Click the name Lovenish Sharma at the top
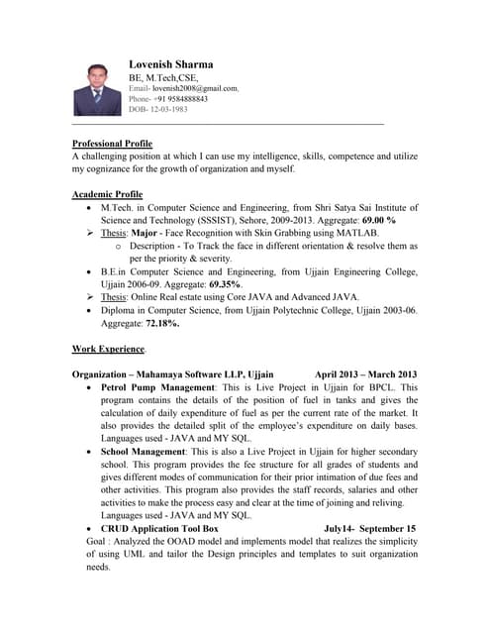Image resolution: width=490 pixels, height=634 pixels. pos(170,64)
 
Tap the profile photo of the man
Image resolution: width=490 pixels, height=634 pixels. pos(96,90)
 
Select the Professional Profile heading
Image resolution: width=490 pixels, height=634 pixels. pos(112,144)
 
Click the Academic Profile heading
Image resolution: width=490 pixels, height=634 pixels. pos(107,194)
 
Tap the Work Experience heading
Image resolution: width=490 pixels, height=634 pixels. pos(109,350)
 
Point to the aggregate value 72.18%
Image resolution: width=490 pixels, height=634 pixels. pos(159,323)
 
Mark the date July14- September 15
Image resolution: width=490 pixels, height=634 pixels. pos(369,529)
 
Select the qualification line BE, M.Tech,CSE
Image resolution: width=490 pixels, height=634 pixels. pos(163,77)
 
